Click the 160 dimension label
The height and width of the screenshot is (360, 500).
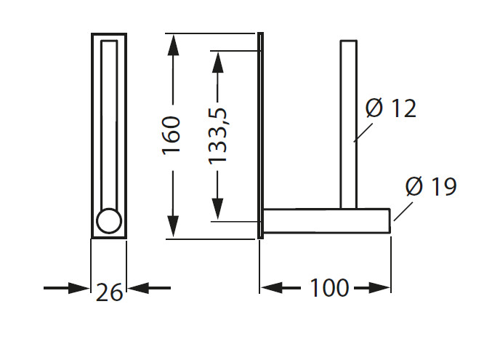point(172,136)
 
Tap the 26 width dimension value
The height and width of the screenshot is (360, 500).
point(109,292)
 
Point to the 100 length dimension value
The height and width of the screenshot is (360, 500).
point(329,288)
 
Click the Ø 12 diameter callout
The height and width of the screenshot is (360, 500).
point(391,108)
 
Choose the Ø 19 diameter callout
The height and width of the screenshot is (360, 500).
point(431,186)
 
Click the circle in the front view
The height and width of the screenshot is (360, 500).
point(109,221)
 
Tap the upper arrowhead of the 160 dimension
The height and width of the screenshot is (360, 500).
point(173,45)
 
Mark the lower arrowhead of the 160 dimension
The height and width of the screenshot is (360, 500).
point(173,226)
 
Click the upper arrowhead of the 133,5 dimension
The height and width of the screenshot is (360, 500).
point(217,62)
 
